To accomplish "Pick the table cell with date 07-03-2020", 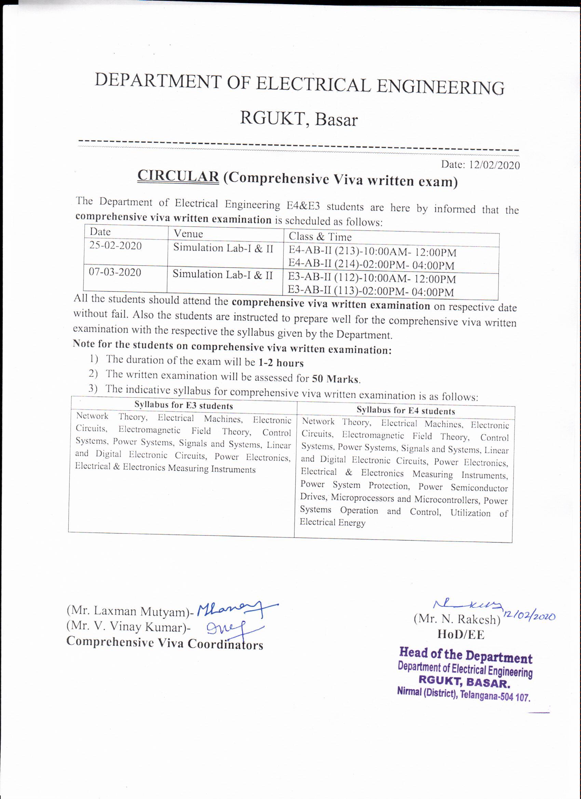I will point(115,272).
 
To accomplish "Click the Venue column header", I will point(188,233).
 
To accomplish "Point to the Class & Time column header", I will point(320,236).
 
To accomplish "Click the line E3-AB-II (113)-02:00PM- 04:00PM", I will point(371,292).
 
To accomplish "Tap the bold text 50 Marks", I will point(335,379).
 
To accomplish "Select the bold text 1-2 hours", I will point(281,363).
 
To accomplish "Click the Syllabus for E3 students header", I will point(184,406).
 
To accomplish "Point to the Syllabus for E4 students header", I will point(406,411).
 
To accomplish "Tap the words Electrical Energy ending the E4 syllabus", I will point(332,523).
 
